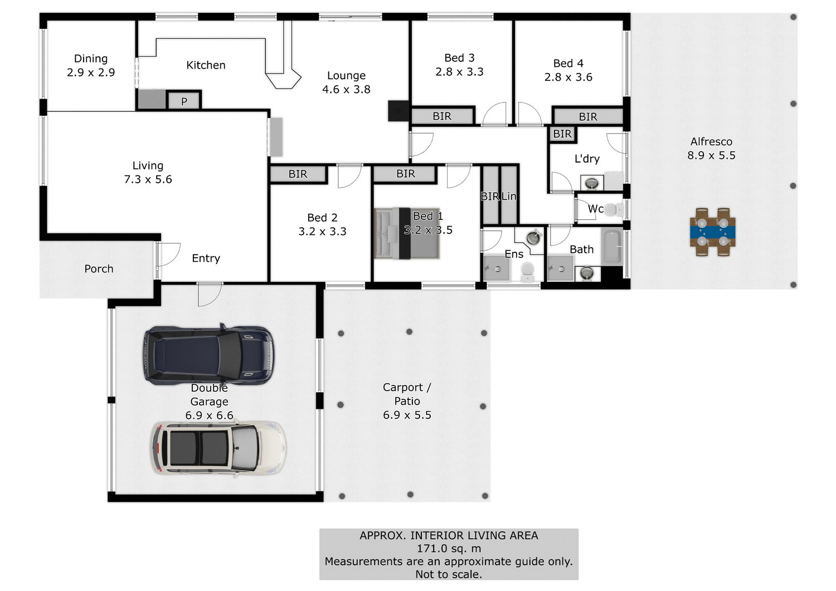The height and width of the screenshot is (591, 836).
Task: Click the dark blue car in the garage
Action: point(209,355)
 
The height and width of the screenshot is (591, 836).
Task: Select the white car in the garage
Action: point(218,448)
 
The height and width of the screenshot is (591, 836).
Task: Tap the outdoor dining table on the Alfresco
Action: point(712,232)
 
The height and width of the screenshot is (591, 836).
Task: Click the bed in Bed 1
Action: point(407,233)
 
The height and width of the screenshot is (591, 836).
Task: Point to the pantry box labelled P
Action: point(184,101)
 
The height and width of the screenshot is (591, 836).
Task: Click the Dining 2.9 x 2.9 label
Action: point(91,66)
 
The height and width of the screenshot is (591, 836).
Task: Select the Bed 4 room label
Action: point(568,70)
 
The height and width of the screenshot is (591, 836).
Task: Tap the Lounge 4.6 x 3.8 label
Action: point(346,82)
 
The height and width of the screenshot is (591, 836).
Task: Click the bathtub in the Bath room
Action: point(612,246)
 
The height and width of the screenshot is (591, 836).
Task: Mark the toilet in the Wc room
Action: point(613,210)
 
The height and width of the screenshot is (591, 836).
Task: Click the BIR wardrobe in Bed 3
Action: point(442,116)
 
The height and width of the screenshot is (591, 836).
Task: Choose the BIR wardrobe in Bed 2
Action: point(298,174)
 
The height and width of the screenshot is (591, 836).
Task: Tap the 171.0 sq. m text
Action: point(449,548)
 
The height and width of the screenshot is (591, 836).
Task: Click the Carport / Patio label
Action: point(407,394)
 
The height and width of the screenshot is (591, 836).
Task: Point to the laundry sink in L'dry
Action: point(592,183)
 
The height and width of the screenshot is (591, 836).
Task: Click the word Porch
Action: point(99,268)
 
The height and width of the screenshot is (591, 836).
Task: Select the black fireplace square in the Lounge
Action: point(398,111)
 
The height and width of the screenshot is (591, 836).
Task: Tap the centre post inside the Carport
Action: point(410,332)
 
